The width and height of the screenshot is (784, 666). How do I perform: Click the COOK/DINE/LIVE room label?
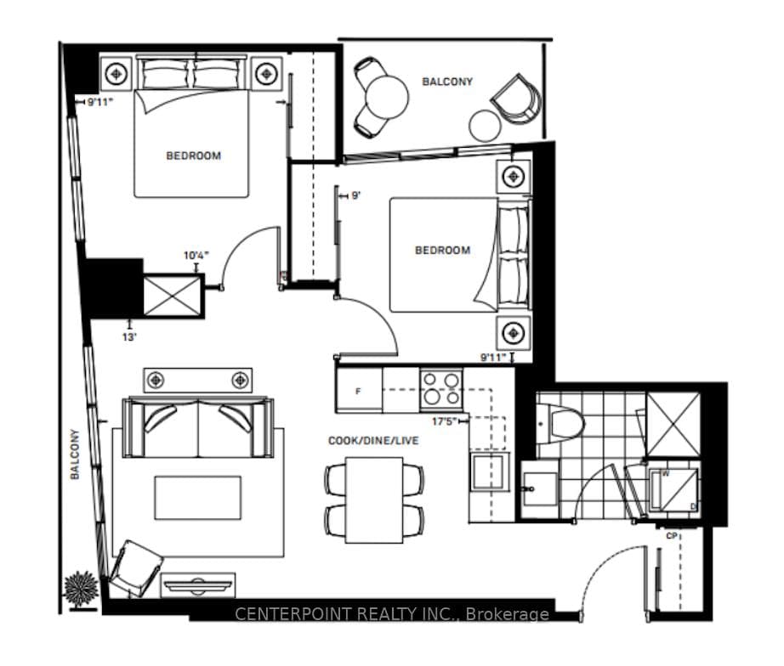click(x=373, y=440)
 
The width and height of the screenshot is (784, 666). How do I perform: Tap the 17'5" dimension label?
click(x=444, y=421)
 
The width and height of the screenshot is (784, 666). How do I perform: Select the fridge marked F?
click(x=360, y=391)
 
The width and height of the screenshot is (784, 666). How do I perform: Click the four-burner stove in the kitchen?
click(x=441, y=388)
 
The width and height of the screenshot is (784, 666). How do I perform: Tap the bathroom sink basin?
click(x=540, y=489)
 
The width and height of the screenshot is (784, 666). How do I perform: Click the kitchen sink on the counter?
click(x=489, y=471)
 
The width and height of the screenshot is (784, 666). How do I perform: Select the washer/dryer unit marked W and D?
click(x=673, y=490)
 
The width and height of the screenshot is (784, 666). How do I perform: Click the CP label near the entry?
click(x=672, y=536)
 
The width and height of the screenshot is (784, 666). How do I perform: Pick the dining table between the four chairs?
click(x=374, y=500)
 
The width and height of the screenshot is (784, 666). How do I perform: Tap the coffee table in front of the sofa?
click(x=198, y=498)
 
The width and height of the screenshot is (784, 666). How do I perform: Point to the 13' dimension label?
click(x=129, y=337)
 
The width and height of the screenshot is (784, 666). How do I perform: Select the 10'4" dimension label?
click(x=196, y=256)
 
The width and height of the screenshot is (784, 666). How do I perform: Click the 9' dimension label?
click(x=355, y=195)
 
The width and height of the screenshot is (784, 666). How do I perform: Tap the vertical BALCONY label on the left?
click(x=75, y=454)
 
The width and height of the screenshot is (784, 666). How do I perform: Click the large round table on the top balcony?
click(x=387, y=98)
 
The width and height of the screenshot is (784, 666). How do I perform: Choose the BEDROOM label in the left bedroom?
click(x=194, y=155)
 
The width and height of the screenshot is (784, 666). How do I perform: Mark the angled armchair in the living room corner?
click(x=135, y=568)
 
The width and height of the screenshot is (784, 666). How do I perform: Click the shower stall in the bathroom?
click(x=673, y=424)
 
